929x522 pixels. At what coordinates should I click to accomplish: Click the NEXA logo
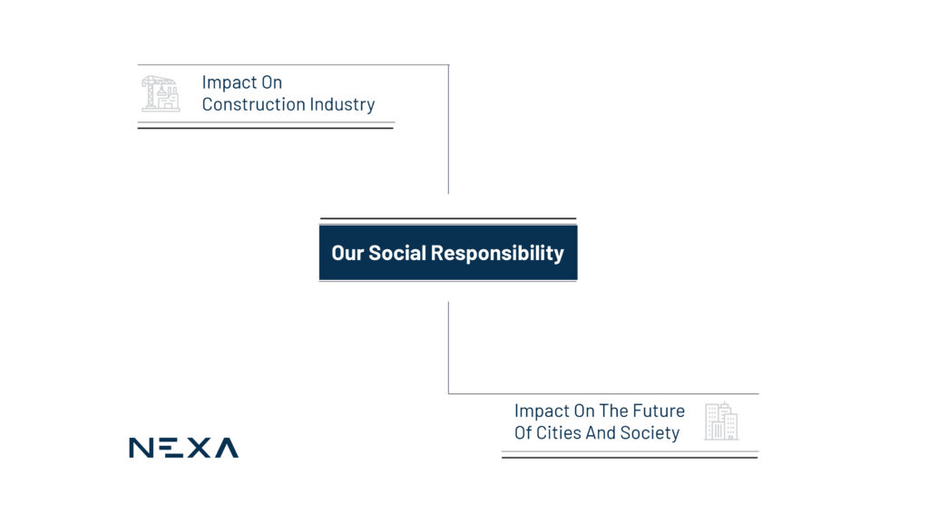tap(183, 448)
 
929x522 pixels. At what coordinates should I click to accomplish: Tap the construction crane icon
tap(161, 93)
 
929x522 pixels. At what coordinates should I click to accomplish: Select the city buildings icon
tap(721, 421)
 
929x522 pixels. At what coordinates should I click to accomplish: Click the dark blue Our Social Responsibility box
tap(448, 253)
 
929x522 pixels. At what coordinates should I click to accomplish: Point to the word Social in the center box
tap(397, 253)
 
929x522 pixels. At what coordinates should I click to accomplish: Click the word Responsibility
tap(497, 254)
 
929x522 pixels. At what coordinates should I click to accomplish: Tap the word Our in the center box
tap(347, 254)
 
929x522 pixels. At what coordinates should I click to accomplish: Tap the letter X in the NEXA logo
tap(199, 448)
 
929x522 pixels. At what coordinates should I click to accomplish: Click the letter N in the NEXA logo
tap(141, 448)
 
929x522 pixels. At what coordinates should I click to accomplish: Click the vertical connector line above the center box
tap(448, 129)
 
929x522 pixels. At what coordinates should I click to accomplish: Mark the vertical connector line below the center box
tap(448, 347)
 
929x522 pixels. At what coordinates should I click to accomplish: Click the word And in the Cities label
tap(601, 432)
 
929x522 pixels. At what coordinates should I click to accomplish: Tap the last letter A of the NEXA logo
tap(226, 448)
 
